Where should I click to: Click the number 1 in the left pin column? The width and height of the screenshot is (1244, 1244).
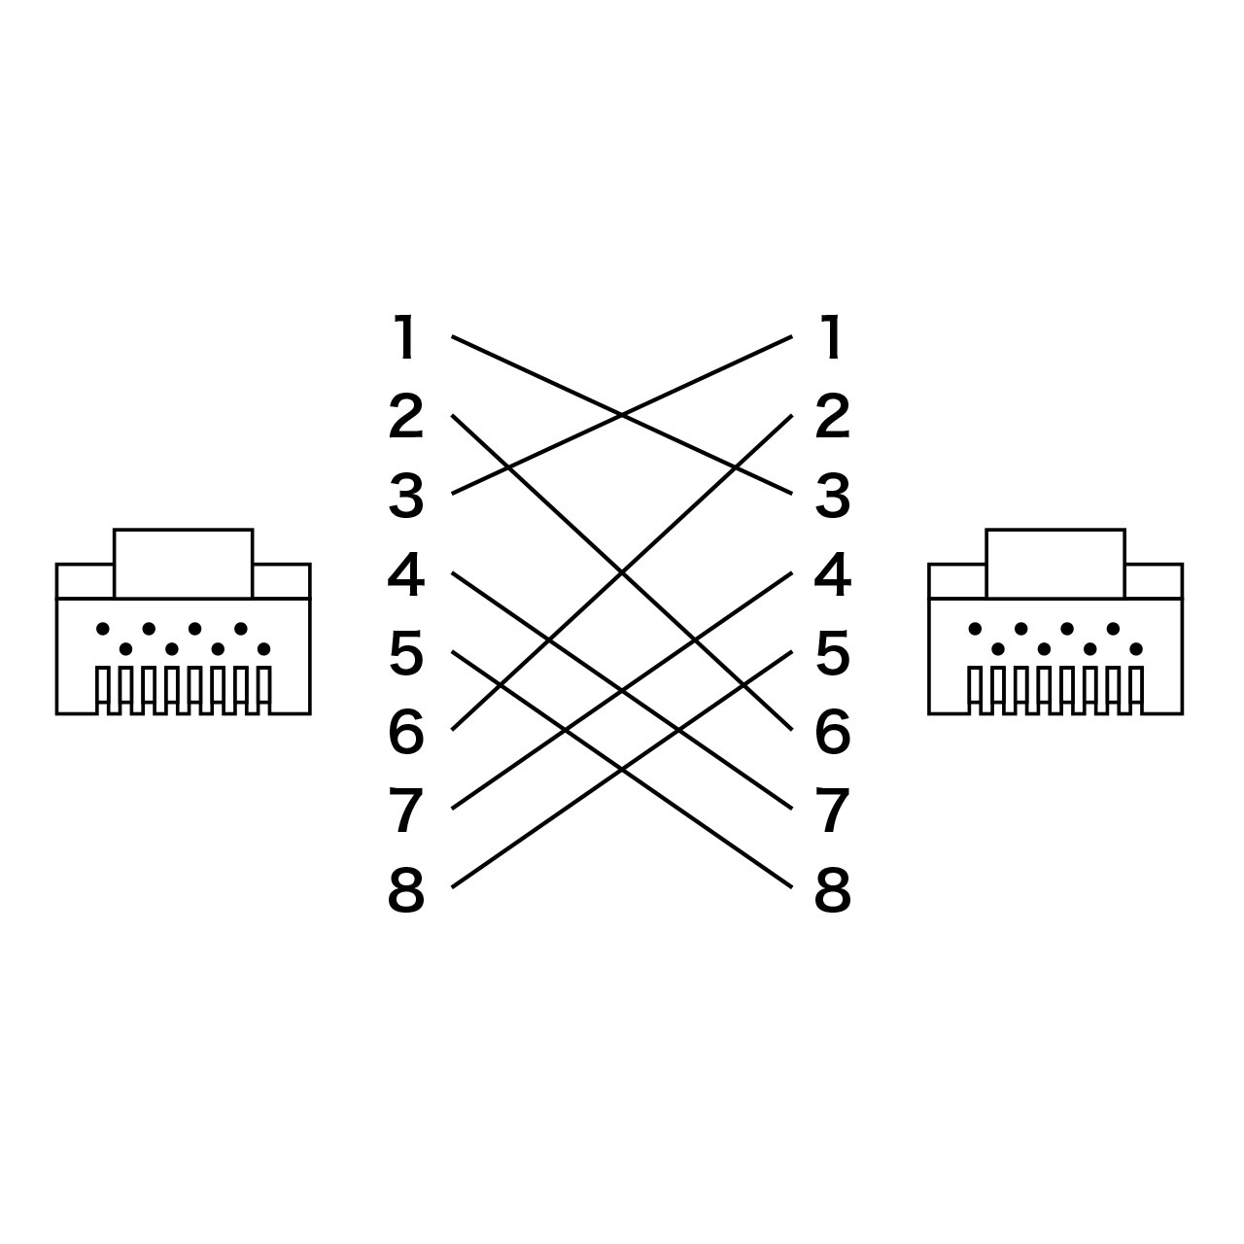(404, 336)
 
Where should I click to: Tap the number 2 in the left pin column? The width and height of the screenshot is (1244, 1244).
(405, 415)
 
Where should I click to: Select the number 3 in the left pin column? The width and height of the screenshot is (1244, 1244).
(405, 495)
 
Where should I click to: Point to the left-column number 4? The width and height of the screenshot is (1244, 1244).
(405, 573)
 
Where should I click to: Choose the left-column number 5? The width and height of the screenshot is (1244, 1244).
(406, 653)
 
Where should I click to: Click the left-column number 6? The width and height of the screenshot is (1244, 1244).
(406, 731)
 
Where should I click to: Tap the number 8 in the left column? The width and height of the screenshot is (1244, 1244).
(406, 889)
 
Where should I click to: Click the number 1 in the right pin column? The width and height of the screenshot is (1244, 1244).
(832, 336)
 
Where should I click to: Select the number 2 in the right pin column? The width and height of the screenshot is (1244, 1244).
(832, 415)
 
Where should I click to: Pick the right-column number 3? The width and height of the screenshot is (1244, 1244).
(832, 495)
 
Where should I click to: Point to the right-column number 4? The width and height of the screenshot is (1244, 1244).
(833, 573)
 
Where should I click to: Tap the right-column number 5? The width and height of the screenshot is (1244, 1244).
(833, 653)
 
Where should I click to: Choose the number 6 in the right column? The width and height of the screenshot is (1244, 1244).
(833, 731)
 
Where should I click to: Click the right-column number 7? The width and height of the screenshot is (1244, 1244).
(832, 811)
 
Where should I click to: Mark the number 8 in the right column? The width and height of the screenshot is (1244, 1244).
(833, 889)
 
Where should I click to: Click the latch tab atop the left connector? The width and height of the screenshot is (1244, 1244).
(184, 564)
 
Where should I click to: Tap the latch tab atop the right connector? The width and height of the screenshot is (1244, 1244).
(1055, 564)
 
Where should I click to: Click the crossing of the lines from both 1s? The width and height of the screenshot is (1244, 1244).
(622, 415)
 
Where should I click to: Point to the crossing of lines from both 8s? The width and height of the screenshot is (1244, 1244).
(622, 770)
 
